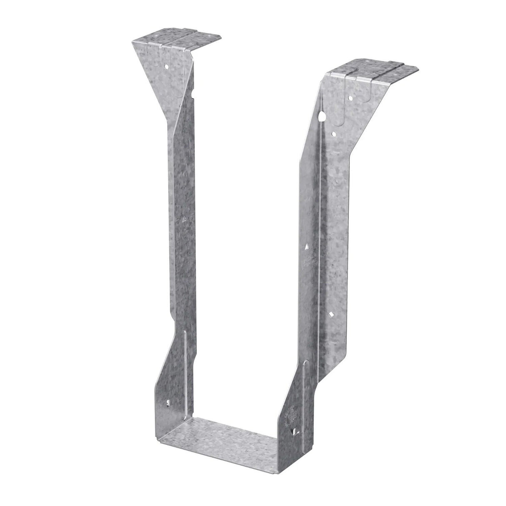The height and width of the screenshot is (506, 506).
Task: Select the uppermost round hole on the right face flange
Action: click(x=351, y=98)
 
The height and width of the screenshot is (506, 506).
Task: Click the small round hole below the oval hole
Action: click(x=333, y=134)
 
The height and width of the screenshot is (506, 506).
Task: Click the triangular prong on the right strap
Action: click(x=306, y=247)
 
